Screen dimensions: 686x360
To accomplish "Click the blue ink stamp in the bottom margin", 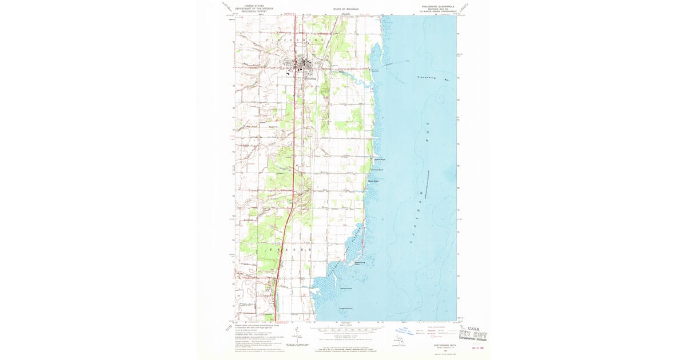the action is point(406,330).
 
